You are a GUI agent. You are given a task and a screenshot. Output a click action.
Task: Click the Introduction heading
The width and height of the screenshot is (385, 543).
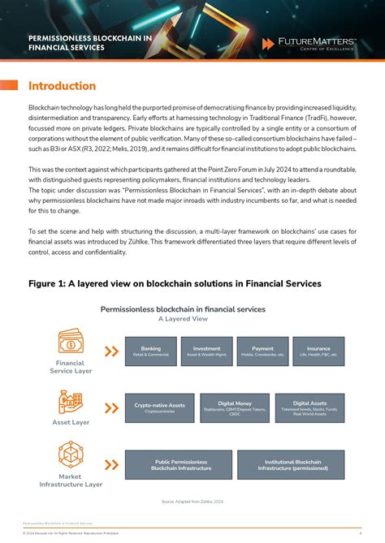click(x=62, y=86)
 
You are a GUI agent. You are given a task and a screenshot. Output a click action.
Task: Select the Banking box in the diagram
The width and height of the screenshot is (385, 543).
click(x=150, y=351)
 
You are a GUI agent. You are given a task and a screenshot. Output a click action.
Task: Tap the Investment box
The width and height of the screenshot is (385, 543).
click(x=206, y=351)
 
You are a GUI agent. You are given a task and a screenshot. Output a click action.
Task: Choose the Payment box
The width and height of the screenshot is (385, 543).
click(x=262, y=351)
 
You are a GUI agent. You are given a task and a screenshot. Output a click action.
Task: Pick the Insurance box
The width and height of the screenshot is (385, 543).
click(x=318, y=351)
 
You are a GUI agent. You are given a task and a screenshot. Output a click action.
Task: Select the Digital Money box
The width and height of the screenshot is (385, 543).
click(x=235, y=407)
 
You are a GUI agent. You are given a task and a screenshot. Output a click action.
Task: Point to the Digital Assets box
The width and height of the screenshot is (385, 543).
click(x=309, y=407)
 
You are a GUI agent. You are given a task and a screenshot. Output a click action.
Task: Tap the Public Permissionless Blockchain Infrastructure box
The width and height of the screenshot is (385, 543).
click(x=181, y=465)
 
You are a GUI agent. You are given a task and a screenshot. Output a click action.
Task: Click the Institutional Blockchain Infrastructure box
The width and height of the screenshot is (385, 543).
click(x=292, y=465)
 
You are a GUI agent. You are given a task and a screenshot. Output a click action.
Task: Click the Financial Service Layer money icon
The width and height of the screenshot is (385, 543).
click(x=71, y=341)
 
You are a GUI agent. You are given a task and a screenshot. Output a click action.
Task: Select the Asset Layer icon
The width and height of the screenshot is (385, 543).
click(x=70, y=402)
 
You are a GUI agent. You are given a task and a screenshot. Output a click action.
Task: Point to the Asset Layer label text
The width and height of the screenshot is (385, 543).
click(x=71, y=423)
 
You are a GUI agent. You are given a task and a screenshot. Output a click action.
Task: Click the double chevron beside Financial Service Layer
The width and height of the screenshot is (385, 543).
click(x=111, y=351)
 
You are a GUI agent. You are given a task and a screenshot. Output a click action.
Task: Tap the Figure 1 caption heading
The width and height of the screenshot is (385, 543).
click(x=175, y=283)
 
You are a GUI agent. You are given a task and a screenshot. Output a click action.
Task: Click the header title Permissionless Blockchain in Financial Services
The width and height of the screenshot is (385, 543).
click(x=90, y=42)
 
